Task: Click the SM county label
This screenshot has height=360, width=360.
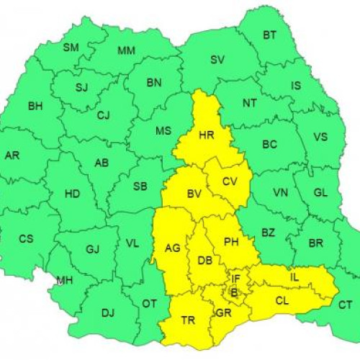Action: tap(71, 48)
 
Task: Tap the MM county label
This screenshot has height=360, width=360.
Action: tap(126, 50)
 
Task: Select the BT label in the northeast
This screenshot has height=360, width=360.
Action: tap(269, 35)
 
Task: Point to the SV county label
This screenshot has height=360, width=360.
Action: tap(217, 60)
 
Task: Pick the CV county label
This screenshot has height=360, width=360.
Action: tap(230, 181)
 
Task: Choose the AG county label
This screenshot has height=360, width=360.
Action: tap(172, 248)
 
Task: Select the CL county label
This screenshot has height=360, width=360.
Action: tap(282, 300)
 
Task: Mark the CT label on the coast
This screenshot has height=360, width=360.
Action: tap(345, 305)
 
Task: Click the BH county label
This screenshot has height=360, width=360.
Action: tap(35, 107)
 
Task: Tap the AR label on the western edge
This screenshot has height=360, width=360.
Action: tap(12, 156)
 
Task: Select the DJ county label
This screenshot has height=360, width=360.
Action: tap(108, 312)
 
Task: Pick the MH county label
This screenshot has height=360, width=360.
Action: tap(65, 280)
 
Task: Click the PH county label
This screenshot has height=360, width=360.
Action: tap(231, 242)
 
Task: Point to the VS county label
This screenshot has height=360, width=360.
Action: tap(320, 137)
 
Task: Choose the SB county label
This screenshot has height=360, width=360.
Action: tap(140, 186)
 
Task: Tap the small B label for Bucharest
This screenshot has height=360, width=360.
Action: tap(233, 292)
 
